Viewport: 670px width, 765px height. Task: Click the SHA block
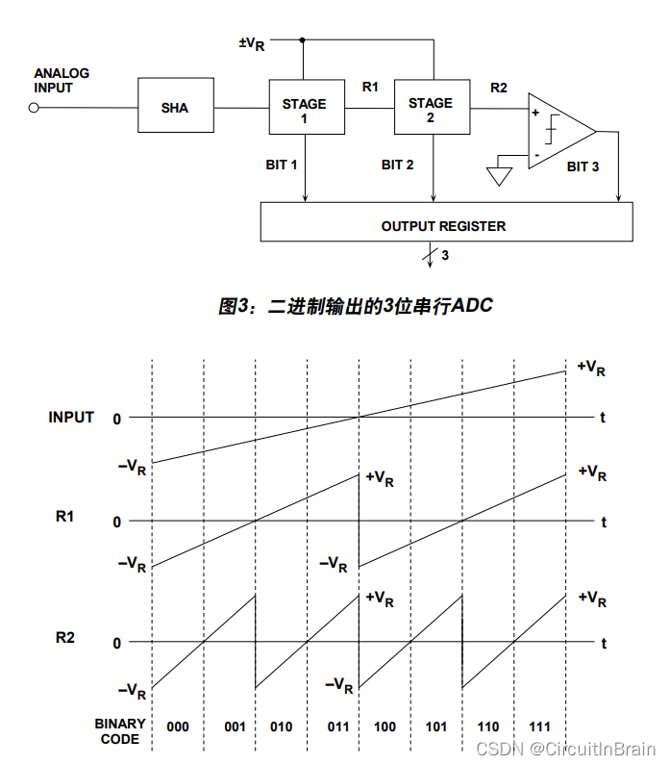pyautogui.click(x=175, y=108)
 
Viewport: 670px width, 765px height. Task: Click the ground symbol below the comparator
pyautogui.click(x=499, y=176)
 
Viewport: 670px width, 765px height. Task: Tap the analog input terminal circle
pyautogui.click(x=34, y=108)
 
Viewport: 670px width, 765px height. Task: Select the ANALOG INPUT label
pyautogui.click(x=62, y=81)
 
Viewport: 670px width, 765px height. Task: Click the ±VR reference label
pyautogui.click(x=252, y=43)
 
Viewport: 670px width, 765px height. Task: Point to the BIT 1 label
pyautogui.click(x=282, y=165)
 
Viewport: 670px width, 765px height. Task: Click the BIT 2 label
pyautogui.click(x=397, y=165)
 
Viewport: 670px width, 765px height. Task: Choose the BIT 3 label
pyautogui.click(x=583, y=166)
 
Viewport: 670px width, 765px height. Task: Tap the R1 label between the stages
pyautogui.click(x=370, y=88)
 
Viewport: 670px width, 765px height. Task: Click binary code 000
pyautogui.click(x=178, y=727)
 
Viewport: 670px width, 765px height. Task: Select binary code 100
pyautogui.click(x=385, y=727)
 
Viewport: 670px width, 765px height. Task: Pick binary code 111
pyautogui.click(x=539, y=727)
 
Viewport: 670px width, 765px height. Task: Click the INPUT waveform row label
pyautogui.click(x=71, y=418)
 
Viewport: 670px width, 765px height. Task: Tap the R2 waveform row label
pyautogui.click(x=65, y=638)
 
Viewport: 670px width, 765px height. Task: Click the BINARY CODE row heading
pyautogui.click(x=120, y=731)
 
